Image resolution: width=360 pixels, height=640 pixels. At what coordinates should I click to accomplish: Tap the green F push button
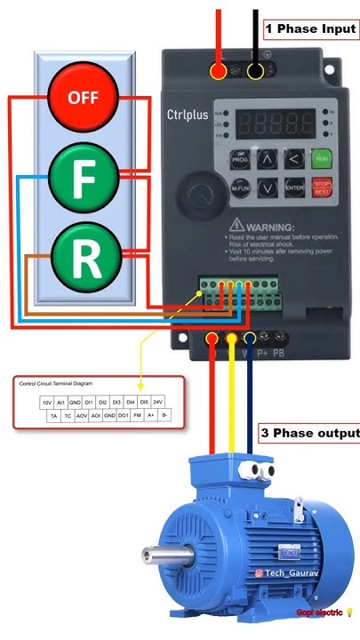[83, 177]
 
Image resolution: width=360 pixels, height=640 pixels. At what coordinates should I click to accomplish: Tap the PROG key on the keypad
[240, 160]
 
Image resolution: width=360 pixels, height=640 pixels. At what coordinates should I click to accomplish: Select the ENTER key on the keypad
[293, 188]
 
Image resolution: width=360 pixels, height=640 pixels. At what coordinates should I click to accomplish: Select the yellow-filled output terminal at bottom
[232, 337]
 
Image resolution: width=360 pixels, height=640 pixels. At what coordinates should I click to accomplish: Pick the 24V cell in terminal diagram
[156, 402]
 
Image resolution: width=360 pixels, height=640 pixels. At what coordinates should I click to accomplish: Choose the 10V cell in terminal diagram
[47, 402]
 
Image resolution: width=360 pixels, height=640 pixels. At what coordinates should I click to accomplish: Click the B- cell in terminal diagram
[165, 415]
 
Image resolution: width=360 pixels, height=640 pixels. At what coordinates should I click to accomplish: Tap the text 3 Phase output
[309, 434]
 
